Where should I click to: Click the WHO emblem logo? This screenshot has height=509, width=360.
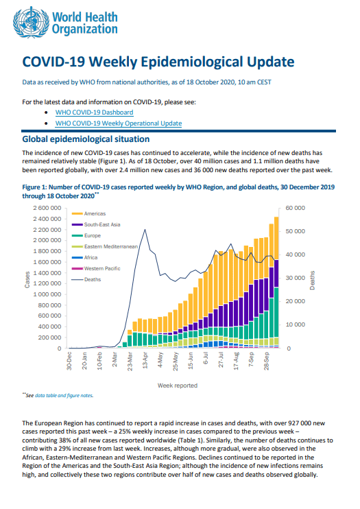click(32, 23)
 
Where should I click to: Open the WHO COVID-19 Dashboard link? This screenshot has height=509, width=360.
click(94, 113)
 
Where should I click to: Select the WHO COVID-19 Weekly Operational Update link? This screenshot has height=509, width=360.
click(119, 123)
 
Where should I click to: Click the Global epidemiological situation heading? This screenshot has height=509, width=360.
click(86, 139)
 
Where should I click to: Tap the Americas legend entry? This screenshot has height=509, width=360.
click(88, 213)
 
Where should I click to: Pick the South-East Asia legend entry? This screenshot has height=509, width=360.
click(96, 224)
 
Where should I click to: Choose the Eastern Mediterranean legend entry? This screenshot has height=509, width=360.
click(104, 247)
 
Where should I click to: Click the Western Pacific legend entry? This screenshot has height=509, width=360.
click(96, 268)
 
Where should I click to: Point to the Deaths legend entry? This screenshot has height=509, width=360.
click(86, 279)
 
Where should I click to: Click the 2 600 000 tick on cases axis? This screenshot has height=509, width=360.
click(47, 208)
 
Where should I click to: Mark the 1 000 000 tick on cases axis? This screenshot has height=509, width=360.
click(47, 294)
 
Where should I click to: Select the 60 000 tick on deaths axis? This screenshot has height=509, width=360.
click(295, 208)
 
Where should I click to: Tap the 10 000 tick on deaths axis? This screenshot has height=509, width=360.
click(295, 324)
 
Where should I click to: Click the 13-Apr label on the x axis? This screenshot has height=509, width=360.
click(145, 360)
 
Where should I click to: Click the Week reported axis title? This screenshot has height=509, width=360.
click(178, 386)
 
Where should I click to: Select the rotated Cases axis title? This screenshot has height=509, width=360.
click(27, 279)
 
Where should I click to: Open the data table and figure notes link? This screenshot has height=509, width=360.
click(64, 396)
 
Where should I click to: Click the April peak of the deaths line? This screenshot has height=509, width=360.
click(145, 230)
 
